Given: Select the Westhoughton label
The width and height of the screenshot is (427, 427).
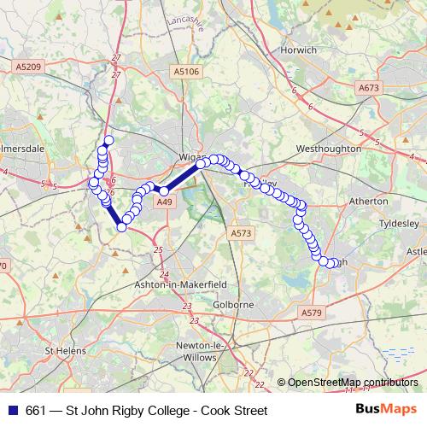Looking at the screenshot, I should click(x=328, y=149).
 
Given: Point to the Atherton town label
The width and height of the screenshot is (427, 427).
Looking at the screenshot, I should click(x=369, y=202).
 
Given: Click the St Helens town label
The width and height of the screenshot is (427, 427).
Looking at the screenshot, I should click(x=67, y=350).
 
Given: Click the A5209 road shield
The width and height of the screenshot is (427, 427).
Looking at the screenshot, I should click(x=28, y=65).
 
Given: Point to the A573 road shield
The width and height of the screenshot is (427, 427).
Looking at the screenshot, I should click(x=241, y=232).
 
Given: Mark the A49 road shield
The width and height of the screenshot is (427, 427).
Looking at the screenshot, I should click(x=165, y=202).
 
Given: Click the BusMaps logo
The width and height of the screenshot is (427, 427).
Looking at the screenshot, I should click(x=384, y=410).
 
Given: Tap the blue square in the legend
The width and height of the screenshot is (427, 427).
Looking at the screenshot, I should click(x=14, y=411).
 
